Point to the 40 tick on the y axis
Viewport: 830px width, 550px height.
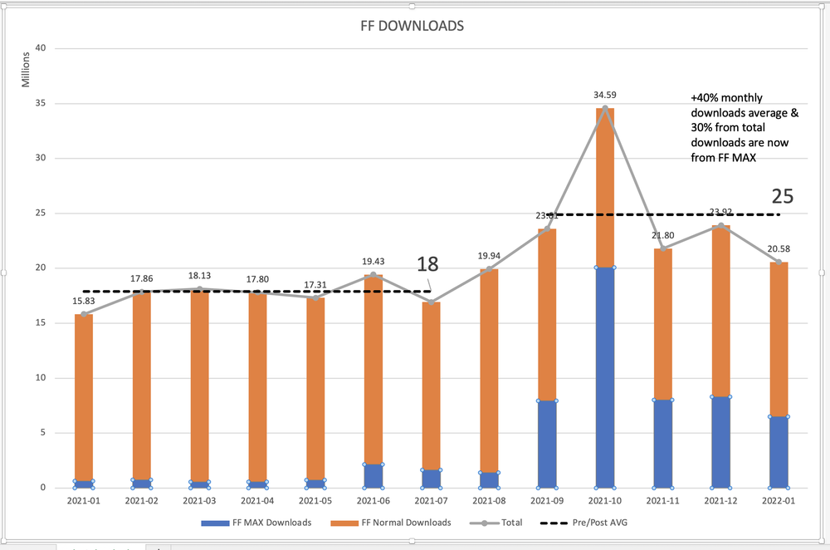click(x=39, y=49)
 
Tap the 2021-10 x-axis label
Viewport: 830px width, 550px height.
click(x=605, y=501)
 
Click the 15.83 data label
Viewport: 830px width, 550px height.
click(x=83, y=301)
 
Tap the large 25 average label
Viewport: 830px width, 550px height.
click(x=783, y=197)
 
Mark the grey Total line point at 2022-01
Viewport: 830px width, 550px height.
click(x=779, y=262)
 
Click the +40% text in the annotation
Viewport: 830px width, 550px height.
click(x=705, y=98)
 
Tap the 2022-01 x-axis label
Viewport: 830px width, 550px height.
click(x=779, y=501)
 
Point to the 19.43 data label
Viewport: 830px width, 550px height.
click(x=373, y=262)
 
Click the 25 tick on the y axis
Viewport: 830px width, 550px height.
click(x=39, y=214)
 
